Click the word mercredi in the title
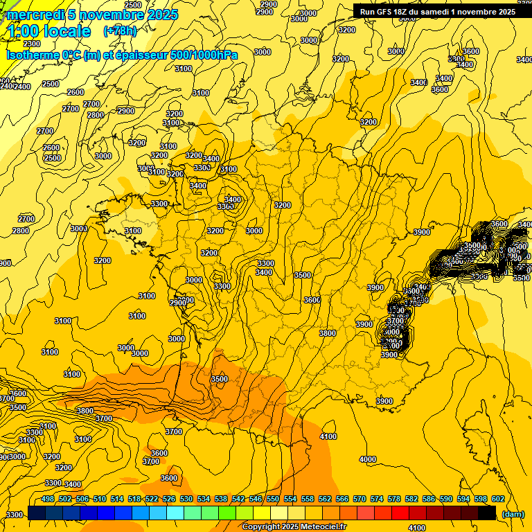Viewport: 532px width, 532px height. pos(35,15)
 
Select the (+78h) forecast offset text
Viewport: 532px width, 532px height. pos(120,31)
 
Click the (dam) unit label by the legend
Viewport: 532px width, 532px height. pos(513,513)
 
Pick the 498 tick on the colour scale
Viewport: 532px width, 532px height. pos(48,499)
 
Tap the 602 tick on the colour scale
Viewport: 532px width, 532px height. pos(497,499)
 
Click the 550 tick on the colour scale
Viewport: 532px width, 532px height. pos(273,499)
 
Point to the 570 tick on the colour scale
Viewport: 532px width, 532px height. pos(360,499)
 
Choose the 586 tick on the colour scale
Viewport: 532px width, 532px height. pos(428,499)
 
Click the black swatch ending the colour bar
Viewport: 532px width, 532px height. pos(487,513)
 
